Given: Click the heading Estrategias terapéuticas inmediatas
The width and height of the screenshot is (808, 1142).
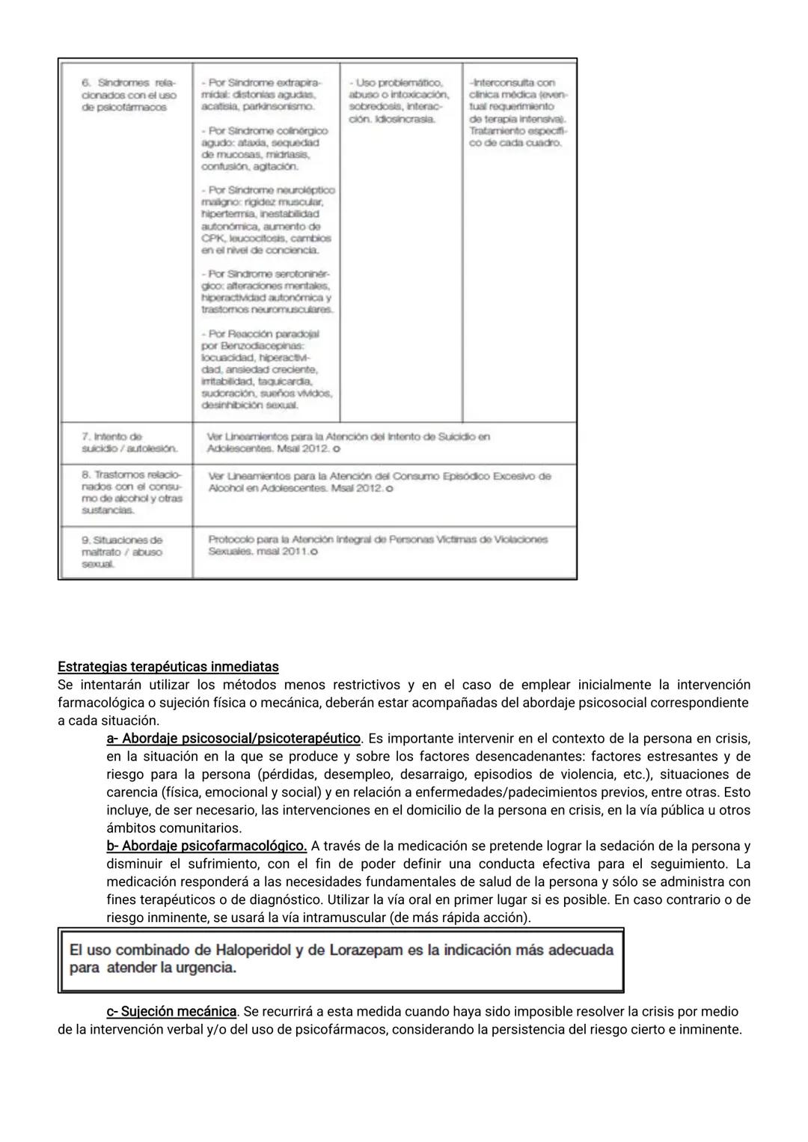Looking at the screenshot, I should pyautogui.click(x=168, y=666).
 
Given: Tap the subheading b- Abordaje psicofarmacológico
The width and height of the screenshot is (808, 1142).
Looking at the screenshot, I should pyautogui.click(x=206, y=846).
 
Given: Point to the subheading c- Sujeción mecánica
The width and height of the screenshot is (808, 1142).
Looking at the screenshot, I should pyautogui.click(x=171, y=1011).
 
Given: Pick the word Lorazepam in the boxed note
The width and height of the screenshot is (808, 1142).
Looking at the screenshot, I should pyautogui.click(x=361, y=950).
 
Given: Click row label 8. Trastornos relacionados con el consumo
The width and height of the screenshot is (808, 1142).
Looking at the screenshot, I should pyautogui.click(x=132, y=492).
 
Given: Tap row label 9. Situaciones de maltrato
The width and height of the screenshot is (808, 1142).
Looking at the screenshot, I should pyautogui.click(x=122, y=552).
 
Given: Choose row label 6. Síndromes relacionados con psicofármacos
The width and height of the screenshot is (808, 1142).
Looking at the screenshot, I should pyautogui.click(x=128, y=95).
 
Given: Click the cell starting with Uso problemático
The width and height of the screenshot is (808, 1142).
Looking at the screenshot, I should pyautogui.click(x=399, y=101).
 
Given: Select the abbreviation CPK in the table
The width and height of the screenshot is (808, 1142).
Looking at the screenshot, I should pyautogui.click(x=212, y=238).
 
